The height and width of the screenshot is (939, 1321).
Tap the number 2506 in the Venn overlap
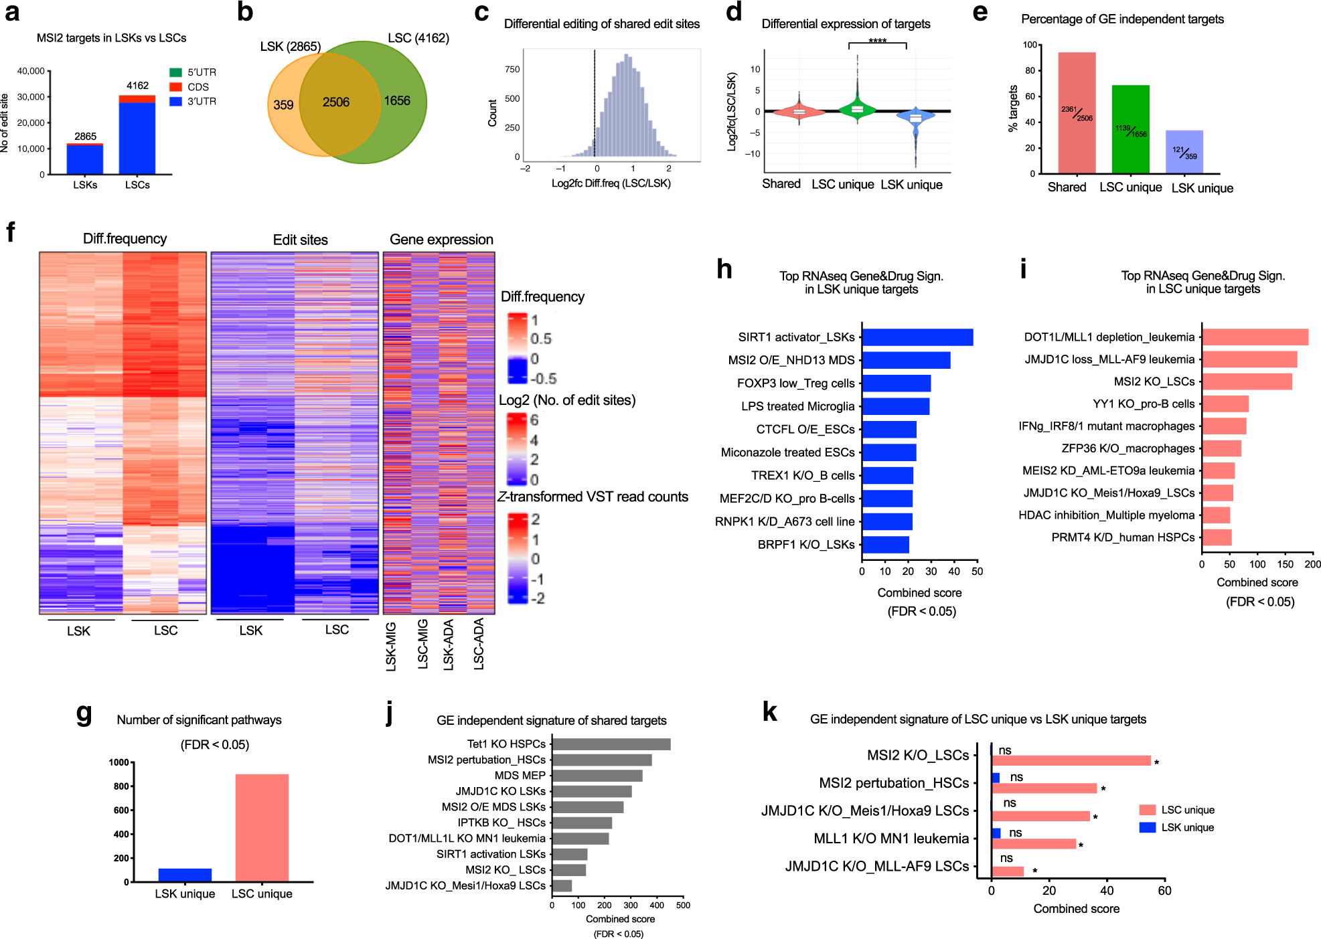[335, 102]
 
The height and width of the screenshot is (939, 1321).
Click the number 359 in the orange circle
[283, 105]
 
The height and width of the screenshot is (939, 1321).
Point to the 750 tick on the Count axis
[512, 70]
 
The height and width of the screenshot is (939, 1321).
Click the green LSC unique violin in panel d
[857, 108]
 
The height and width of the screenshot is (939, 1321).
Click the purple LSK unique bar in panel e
[1184, 152]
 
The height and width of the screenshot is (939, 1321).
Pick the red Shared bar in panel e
[1077, 114]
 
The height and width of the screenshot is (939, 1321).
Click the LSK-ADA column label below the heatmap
[449, 644]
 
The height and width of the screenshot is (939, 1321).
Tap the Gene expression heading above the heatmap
[441, 240]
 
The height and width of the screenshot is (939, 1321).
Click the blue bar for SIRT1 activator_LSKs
[917, 337]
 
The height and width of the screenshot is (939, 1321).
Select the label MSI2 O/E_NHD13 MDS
[791, 360]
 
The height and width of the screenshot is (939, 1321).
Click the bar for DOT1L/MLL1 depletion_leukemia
[1255, 337]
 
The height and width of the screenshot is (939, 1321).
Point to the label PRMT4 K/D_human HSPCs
[1122, 537]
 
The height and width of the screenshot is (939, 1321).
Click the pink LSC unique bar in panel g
[262, 828]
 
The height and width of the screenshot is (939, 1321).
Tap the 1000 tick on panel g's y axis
[119, 762]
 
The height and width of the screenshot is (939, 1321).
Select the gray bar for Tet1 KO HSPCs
[611, 744]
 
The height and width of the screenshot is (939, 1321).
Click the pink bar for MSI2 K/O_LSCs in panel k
[1071, 761]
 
